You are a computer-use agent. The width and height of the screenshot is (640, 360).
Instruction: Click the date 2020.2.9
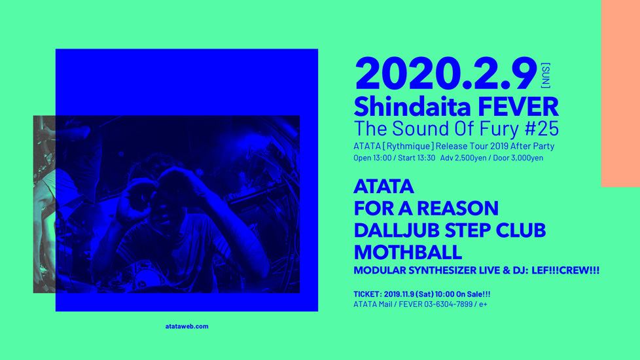click(x=446, y=74)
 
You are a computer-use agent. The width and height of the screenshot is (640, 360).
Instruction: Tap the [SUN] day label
click(x=545, y=75)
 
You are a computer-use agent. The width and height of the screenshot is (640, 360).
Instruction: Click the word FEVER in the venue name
click(x=518, y=107)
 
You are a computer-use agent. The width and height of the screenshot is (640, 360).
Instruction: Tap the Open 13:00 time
click(x=372, y=158)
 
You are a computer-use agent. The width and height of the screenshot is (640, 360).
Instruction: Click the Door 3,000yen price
click(x=518, y=158)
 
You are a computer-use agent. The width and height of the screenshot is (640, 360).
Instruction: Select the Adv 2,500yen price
click(x=463, y=158)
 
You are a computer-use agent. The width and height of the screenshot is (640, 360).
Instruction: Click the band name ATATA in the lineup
click(x=383, y=187)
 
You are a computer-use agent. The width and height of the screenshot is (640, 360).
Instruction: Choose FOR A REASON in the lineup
click(x=426, y=208)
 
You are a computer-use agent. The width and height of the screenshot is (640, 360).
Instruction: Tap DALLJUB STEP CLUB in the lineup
click(x=450, y=230)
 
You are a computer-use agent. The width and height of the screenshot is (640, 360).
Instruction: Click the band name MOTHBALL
click(x=408, y=252)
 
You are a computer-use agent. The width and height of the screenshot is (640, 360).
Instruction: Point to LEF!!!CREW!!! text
click(x=565, y=270)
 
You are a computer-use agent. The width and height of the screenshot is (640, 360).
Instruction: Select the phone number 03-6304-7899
click(x=448, y=304)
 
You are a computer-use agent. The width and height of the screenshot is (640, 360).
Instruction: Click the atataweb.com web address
click(x=187, y=326)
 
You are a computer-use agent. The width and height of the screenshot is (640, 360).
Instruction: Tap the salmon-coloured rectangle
click(x=620, y=93)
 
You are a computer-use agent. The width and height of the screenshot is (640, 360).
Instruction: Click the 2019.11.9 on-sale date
click(x=399, y=294)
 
